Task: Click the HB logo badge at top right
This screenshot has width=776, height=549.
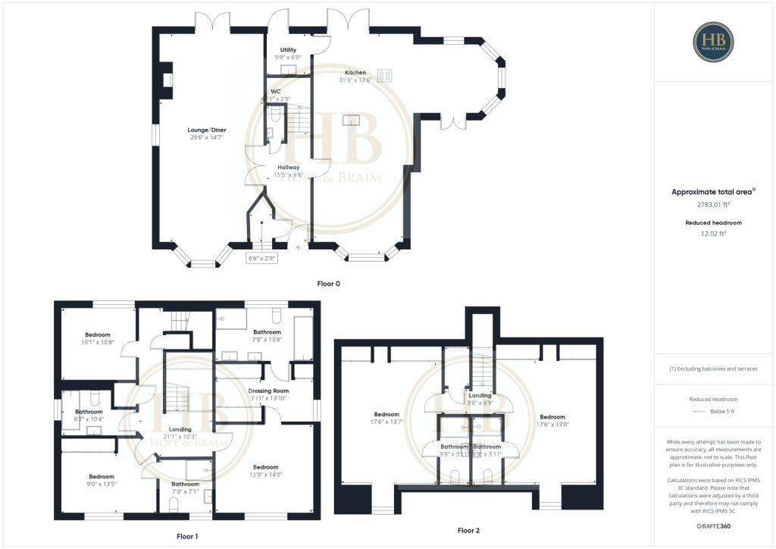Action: point(713,41)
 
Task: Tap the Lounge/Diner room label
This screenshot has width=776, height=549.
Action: point(207,130)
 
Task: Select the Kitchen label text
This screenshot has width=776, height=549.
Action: point(355,73)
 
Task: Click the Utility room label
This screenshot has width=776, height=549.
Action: point(288,49)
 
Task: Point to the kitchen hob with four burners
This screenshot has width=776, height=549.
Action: point(385,75)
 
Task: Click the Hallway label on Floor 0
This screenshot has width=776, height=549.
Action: point(288,168)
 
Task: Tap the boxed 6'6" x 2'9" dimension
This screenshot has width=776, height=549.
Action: point(263,258)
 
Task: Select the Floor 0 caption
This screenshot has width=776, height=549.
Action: point(328,283)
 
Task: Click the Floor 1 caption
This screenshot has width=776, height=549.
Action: point(187,535)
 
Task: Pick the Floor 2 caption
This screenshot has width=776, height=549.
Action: point(468,530)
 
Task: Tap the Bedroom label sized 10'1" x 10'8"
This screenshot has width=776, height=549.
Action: point(98,334)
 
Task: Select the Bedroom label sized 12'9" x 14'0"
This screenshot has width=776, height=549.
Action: point(266,467)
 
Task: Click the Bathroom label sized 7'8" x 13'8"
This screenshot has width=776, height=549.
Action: point(267,332)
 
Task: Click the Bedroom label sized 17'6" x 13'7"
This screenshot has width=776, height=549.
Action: point(386,415)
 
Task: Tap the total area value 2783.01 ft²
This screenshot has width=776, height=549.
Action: point(713,205)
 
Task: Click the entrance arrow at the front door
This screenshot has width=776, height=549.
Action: point(298,247)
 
